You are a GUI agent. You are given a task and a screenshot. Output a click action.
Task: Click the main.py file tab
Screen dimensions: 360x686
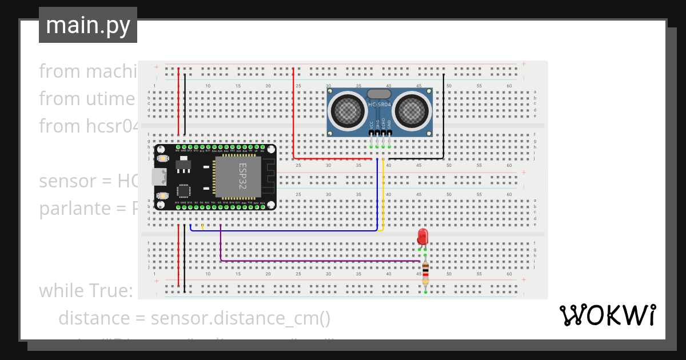[x=88, y=25]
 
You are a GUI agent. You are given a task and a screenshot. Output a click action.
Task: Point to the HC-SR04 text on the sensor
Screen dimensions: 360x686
[x=379, y=104]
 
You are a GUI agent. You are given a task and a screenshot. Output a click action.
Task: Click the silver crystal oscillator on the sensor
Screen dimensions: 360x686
[x=379, y=93]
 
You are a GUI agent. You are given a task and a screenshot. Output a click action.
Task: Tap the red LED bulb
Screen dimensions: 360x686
[x=422, y=235]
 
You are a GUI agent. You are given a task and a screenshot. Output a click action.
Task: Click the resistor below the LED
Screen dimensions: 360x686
[x=425, y=274]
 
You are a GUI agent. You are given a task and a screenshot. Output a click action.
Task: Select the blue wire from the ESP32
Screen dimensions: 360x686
[x=286, y=231]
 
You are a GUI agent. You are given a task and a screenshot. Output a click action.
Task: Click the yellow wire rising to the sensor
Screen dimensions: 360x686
[x=383, y=194]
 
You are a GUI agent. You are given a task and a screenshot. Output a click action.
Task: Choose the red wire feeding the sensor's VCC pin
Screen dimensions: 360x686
[x=293, y=114]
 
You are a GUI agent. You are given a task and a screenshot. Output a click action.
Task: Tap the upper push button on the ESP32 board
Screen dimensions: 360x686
[x=163, y=158]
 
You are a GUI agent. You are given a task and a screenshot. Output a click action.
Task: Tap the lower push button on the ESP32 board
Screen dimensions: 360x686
[x=163, y=196]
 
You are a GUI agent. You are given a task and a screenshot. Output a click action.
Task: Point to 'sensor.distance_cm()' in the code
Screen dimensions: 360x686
[x=241, y=318]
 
